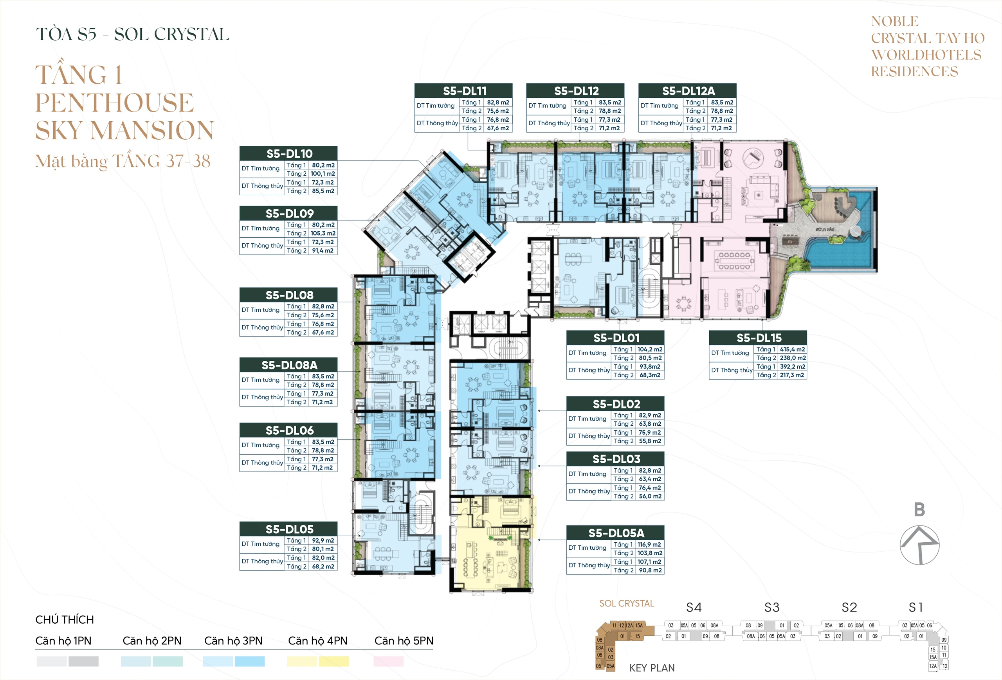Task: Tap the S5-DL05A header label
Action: pos(616,533)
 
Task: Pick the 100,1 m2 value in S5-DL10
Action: pos(323,174)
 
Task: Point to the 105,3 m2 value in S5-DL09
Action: pos(323,233)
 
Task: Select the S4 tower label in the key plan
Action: pos(694,608)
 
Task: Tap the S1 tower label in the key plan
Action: pos(916,608)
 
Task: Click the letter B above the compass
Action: pos(919,510)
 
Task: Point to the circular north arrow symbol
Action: pos(919,545)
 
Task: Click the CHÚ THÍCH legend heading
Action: pos(65,620)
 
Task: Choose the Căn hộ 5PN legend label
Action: pos(404,641)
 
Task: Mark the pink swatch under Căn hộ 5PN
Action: pos(388,661)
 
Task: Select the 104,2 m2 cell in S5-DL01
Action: pos(650,349)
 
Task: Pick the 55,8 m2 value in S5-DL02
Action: pos(650,441)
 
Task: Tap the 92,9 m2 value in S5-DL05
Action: pos(323,540)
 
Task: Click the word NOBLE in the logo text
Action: pos(895,22)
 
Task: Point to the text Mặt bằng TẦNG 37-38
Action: pos(123,161)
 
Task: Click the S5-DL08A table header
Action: pos(289,365)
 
